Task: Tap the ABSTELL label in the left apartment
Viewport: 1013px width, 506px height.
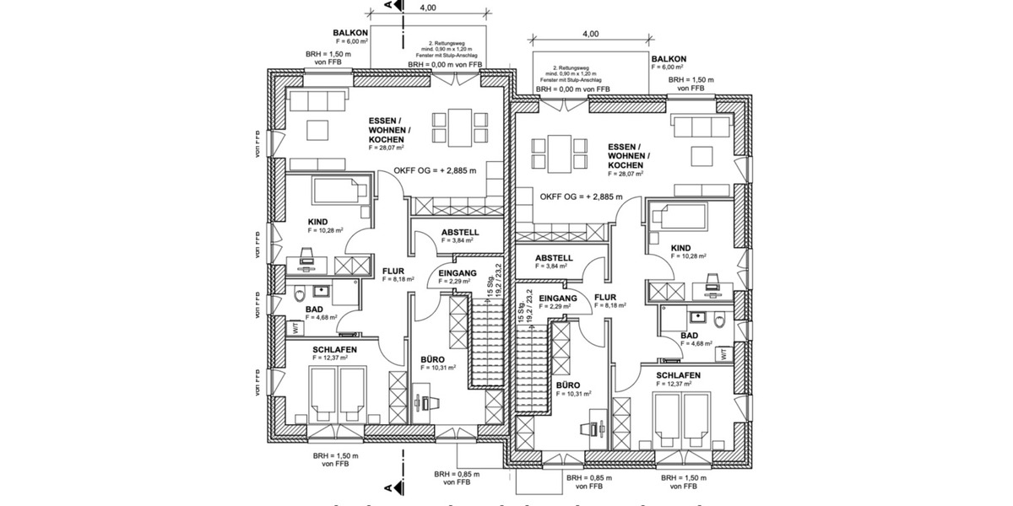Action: click(460, 232)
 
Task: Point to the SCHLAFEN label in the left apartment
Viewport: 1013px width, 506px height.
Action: click(334, 349)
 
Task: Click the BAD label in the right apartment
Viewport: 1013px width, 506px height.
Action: click(689, 335)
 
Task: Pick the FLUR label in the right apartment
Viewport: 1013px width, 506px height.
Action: click(605, 298)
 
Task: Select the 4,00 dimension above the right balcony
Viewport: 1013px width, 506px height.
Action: click(589, 34)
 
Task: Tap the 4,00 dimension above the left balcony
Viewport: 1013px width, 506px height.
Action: click(427, 8)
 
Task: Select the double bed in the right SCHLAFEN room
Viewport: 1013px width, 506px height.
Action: click(684, 417)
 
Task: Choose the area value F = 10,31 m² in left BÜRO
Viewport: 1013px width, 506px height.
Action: click(439, 368)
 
